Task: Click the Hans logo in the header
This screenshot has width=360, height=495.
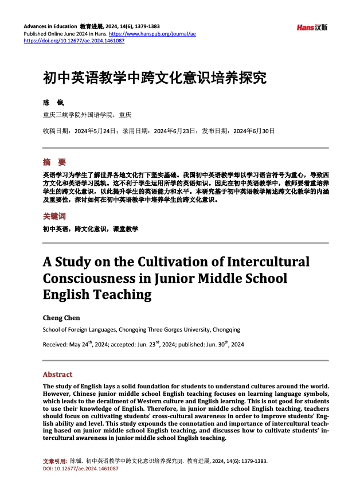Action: click(x=312, y=28)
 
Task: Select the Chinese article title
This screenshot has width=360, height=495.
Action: click(x=155, y=78)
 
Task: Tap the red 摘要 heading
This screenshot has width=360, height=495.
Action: click(x=54, y=162)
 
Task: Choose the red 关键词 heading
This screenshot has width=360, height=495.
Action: click(x=54, y=216)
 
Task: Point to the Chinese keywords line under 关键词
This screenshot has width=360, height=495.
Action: click(x=91, y=228)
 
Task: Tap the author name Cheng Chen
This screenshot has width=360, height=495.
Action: click(x=62, y=318)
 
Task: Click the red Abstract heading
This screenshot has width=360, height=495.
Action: click(x=57, y=374)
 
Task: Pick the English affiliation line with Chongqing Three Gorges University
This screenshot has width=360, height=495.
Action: click(x=142, y=330)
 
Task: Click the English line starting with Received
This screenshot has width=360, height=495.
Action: click(x=143, y=344)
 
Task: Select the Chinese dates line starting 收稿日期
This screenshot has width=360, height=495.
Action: click(x=159, y=131)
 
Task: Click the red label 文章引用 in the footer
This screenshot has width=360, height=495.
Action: click(x=55, y=461)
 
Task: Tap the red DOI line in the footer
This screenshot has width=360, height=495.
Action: click(x=80, y=469)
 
